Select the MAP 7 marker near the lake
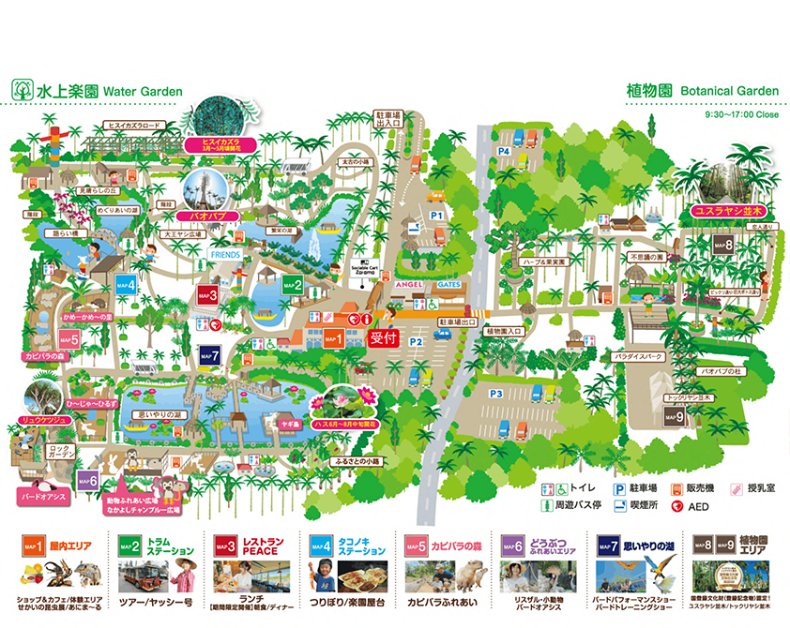[x=210, y=355]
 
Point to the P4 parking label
[x=504, y=150]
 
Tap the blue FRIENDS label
[x=225, y=254]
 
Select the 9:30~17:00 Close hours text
[x=741, y=114]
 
